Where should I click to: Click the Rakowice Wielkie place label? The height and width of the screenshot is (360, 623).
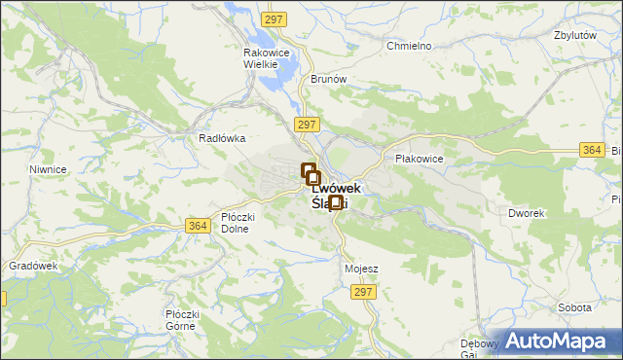[262, 57]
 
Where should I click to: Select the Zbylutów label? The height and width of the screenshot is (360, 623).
[574, 34]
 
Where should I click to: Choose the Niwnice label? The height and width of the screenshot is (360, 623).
[48, 169]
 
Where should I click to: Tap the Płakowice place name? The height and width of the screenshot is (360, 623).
[420, 158]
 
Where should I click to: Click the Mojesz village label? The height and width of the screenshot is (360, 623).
[361, 268]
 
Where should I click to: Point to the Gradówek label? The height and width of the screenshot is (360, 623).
[34, 266]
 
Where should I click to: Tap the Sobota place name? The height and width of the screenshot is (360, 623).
[574, 307]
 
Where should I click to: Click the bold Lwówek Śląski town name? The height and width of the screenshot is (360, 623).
[332, 196]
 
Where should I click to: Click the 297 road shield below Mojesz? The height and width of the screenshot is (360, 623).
[364, 292]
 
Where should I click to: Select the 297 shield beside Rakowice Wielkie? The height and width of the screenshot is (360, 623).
[275, 19]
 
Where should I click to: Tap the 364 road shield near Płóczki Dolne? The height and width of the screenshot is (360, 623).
[197, 226]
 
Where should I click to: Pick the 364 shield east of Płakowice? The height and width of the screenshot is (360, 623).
[591, 149]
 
